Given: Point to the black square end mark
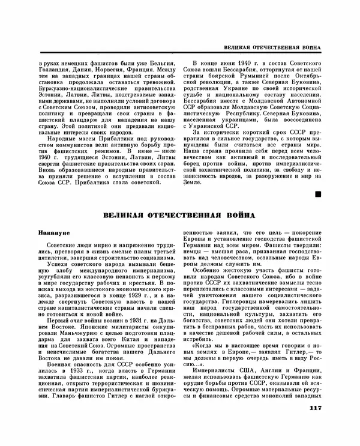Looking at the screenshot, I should [317, 193].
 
